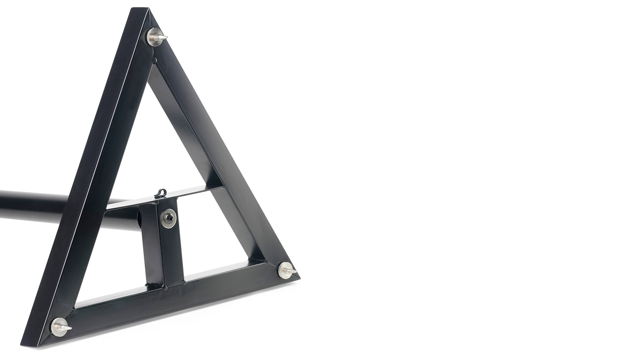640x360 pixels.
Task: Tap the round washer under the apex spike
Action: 153,35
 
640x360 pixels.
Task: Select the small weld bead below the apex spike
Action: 154,60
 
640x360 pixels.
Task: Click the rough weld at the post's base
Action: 165,285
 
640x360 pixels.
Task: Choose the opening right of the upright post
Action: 217,233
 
